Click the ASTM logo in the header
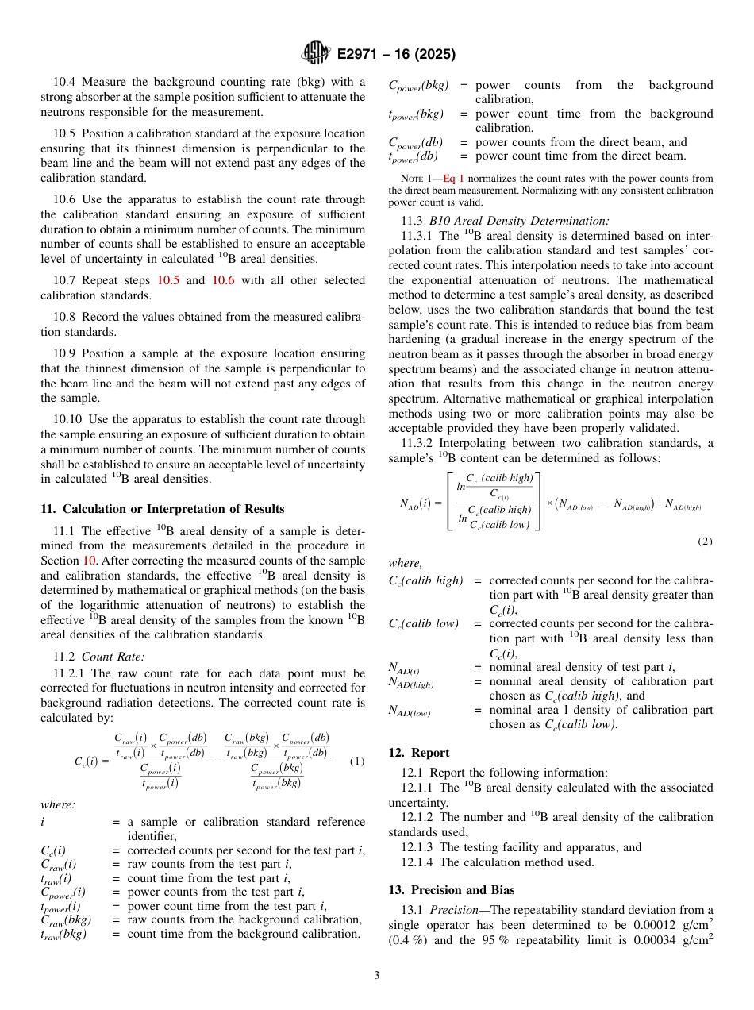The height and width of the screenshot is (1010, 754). pyautogui.click(x=316, y=54)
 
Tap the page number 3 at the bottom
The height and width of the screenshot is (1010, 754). pyautogui.click(x=377, y=975)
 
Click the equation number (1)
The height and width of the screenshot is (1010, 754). pyautogui.click(x=357, y=761)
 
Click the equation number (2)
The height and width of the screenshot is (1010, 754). pyautogui.click(x=705, y=542)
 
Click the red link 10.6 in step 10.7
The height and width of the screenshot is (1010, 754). pyautogui.click(x=225, y=280)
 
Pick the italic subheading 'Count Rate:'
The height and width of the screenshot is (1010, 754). pyautogui.click(x=113, y=656)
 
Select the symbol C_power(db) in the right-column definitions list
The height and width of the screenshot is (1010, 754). pyautogui.click(x=416, y=142)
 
